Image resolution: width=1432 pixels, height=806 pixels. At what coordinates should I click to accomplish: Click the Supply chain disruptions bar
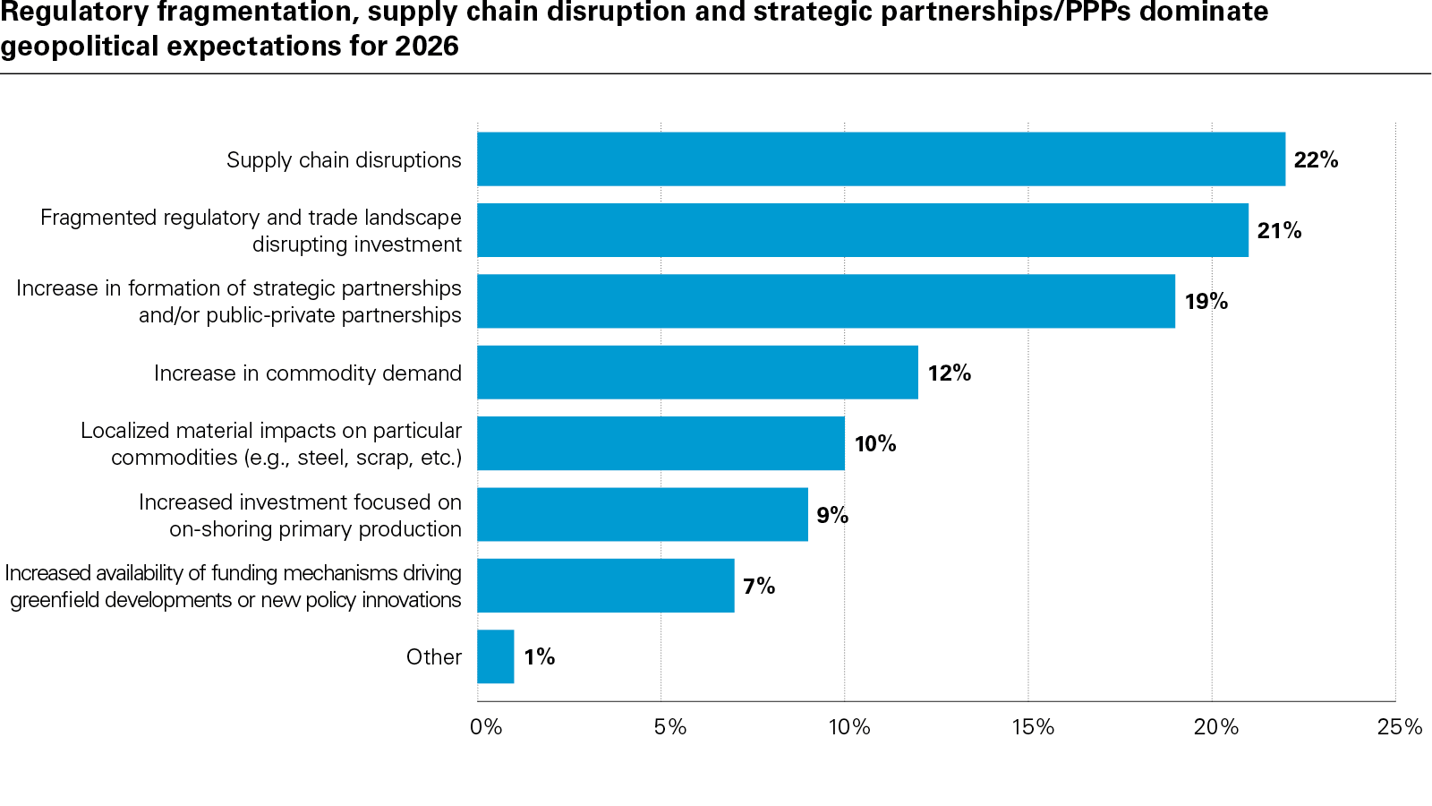point(881,159)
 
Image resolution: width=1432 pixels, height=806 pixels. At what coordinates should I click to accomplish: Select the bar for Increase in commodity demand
point(697,373)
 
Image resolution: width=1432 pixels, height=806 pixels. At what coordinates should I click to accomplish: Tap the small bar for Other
point(496,656)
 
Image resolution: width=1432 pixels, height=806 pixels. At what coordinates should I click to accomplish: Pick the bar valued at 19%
point(825,302)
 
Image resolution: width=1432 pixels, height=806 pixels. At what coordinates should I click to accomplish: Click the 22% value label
point(1316,160)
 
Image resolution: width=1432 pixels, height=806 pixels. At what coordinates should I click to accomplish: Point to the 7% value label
point(759,586)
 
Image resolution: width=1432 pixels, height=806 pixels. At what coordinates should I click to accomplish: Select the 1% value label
point(539,657)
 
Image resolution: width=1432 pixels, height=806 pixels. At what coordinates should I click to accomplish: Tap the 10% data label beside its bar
point(874,444)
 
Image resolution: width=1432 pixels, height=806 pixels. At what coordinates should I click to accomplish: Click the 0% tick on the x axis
point(486,727)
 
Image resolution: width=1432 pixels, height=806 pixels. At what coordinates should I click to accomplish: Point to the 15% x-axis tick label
point(1033,727)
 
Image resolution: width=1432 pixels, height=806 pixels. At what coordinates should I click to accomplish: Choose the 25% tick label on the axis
point(1399,727)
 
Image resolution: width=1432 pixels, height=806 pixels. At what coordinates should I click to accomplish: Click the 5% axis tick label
point(669,727)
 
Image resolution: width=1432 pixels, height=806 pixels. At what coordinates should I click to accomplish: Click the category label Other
point(434,657)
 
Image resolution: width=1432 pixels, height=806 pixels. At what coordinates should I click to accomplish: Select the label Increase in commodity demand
point(308,373)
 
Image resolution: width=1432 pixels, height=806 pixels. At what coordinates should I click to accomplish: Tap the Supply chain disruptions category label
point(344,160)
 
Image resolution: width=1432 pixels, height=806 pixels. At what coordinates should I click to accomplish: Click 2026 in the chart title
point(427,46)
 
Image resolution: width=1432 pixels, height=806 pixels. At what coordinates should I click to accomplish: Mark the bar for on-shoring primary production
point(642,515)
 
